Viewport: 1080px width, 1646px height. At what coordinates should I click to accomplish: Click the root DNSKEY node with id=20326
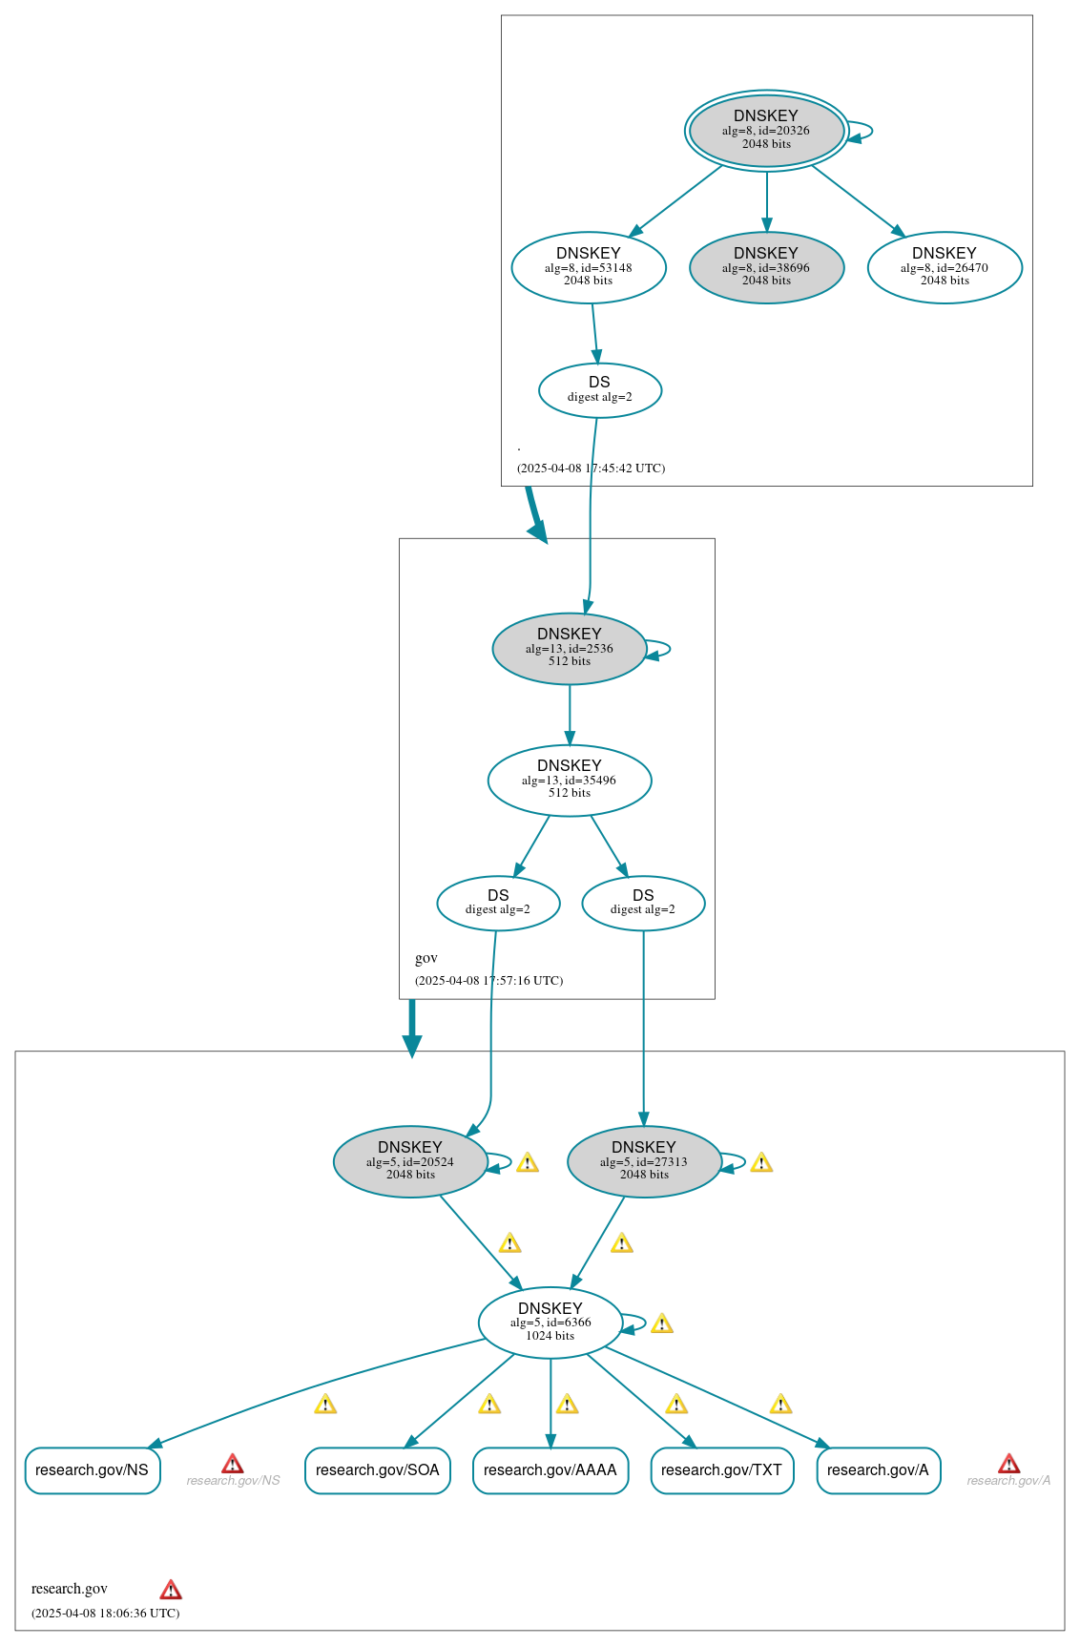766,131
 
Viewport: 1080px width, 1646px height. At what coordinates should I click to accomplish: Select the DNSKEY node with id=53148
589,267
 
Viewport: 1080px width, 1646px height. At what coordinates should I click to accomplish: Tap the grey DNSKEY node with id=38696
766,267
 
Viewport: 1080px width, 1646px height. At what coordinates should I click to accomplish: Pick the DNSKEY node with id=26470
945,267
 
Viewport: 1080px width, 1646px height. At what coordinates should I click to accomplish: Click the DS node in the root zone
599,389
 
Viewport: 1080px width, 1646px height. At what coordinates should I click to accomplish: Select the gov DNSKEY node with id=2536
570,648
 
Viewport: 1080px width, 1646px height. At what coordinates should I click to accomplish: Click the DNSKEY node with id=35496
570,780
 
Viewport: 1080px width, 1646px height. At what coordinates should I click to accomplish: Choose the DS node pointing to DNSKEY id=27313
643,903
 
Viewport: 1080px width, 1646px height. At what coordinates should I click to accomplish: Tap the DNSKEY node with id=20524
410,1161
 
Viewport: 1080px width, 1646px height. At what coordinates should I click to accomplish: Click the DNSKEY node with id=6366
550,1323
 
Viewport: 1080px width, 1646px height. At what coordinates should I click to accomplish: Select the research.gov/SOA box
377,1470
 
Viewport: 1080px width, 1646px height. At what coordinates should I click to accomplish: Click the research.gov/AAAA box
550,1470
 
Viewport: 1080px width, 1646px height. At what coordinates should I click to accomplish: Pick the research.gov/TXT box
721,1470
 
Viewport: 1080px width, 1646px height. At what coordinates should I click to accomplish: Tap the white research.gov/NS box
92,1470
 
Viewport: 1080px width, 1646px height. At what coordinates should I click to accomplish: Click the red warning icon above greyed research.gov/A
1008,1464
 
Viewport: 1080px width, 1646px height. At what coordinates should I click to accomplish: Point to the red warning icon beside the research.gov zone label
171,1590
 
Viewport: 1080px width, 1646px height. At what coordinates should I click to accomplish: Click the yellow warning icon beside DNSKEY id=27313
761,1162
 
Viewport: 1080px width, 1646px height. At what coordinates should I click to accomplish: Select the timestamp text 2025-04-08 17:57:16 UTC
489,981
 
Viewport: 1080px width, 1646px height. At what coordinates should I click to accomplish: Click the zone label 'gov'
426,958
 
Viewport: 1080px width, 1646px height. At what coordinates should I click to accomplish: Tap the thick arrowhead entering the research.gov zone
411,1046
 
